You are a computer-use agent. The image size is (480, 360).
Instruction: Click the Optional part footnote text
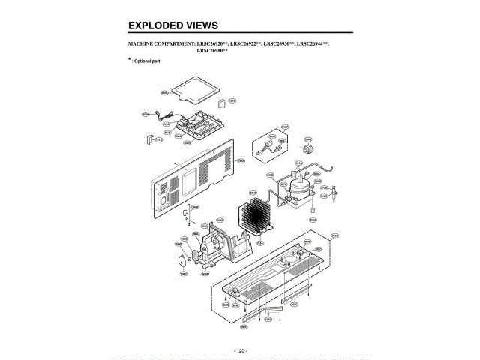(147, 60)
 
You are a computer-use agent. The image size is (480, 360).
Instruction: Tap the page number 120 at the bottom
(240, 350)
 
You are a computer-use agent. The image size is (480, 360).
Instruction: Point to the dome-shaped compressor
(298, 184)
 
